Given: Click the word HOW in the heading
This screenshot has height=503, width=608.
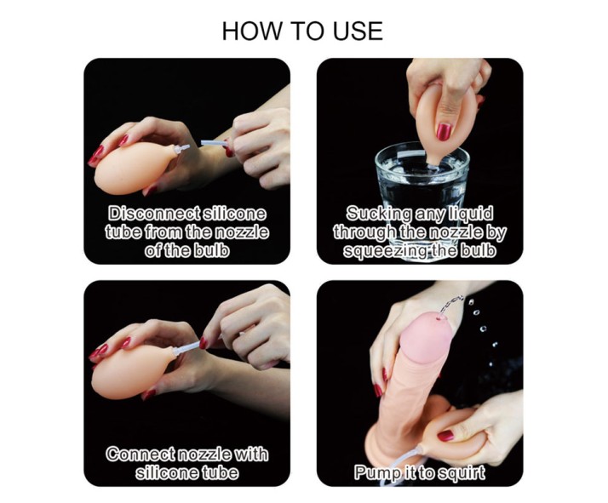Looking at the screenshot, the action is click(252, 31).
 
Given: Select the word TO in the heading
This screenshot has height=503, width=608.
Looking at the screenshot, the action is click(308, 31).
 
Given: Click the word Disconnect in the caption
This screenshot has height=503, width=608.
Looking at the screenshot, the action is click(154, 214).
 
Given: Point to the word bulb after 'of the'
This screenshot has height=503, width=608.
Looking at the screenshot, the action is click(211, 251).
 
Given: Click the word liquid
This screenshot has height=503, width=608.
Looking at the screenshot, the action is click(471, 213).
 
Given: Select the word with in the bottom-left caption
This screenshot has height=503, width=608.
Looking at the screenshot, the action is click(251, 454).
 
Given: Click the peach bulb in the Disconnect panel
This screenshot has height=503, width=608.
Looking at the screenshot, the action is click(134, 168).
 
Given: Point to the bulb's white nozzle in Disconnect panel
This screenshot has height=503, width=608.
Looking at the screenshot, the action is click(181, 149).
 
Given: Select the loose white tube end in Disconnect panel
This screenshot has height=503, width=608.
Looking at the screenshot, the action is click(213, 144).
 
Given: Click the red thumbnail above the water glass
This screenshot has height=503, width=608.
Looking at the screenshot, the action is click(443, 131).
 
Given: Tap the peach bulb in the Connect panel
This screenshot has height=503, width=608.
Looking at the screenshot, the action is click(133, 372).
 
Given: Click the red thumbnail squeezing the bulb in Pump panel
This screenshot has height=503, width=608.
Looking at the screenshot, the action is click(445, 436).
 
